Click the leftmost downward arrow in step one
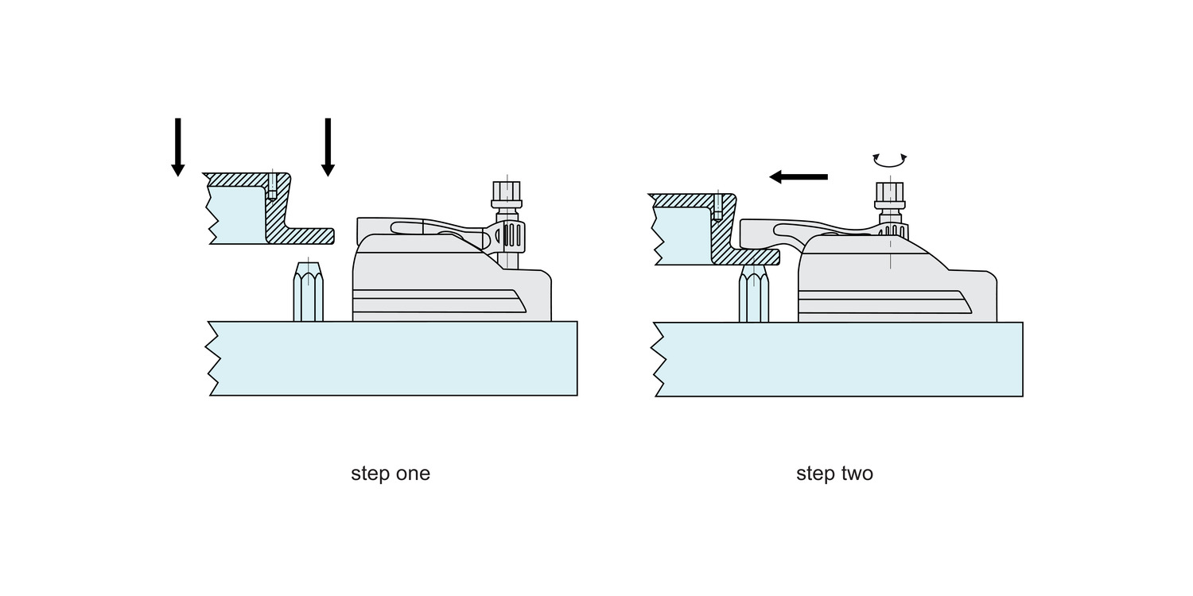coord(178,147)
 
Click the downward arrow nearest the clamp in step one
coord(328,147)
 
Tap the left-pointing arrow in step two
coord(799,177)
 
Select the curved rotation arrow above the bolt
coord(890,161)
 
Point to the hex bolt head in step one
coord(507,192)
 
